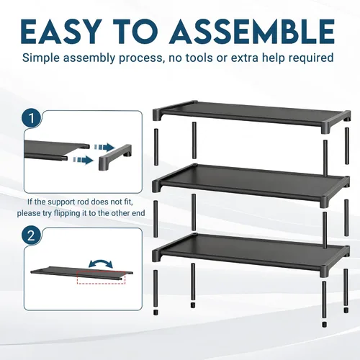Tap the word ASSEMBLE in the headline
point(252,32)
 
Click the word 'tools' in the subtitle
point(198,58)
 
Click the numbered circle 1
point(32,118)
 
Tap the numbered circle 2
point(32,236)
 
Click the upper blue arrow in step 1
point(104,147)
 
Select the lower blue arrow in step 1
point(84,160)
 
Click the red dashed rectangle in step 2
point(101,278)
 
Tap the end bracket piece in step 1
point(115,156)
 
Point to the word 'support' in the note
point(62,202)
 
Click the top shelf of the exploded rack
point(251,117)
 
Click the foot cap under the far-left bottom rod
point(156,312)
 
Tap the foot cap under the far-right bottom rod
point(346,310)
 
